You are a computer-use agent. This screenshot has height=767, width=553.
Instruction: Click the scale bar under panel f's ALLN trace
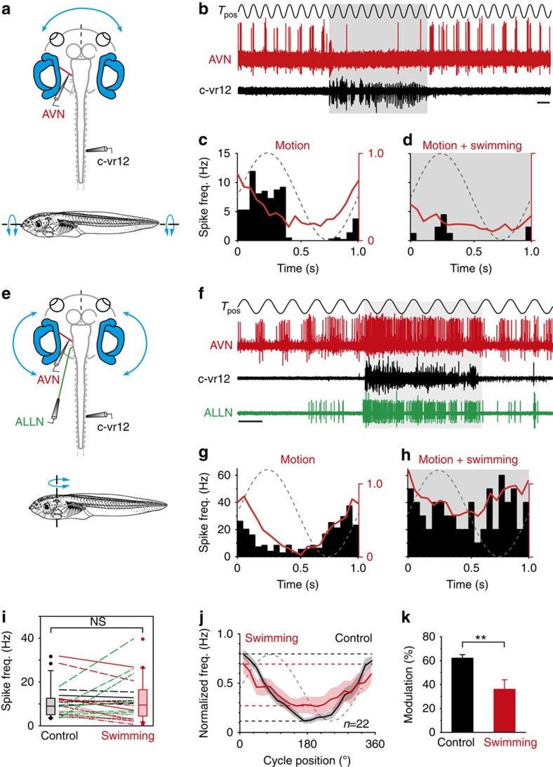tap(249, 422)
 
